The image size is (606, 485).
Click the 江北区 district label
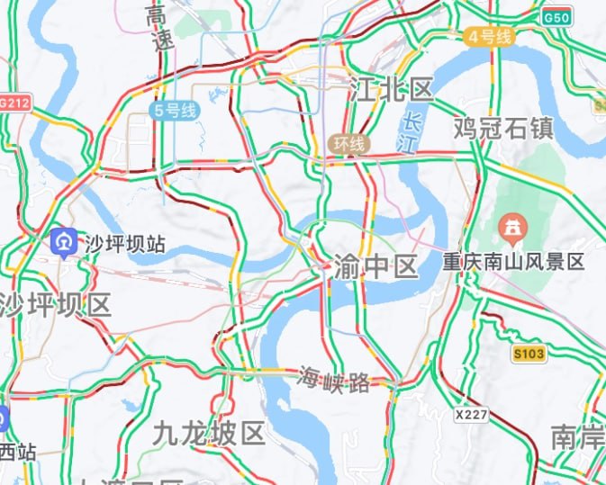391,89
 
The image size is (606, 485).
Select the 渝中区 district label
375,267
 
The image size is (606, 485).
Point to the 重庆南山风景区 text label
513,262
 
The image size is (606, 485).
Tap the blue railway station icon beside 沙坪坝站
64,241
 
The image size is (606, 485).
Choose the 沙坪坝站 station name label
125,243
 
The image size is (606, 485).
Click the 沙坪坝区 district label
56,305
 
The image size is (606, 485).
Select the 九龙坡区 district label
209,435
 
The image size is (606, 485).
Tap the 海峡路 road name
333,381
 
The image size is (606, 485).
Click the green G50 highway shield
556,17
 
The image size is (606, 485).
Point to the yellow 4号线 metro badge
490,37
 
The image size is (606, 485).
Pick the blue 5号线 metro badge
175,111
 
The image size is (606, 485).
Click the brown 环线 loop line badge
349,144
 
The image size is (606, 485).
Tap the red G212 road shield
14,103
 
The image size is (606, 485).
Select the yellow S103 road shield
529,354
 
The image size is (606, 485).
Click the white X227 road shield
472,415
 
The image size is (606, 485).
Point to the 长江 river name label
414,132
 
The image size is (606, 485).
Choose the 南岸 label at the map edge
577,437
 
